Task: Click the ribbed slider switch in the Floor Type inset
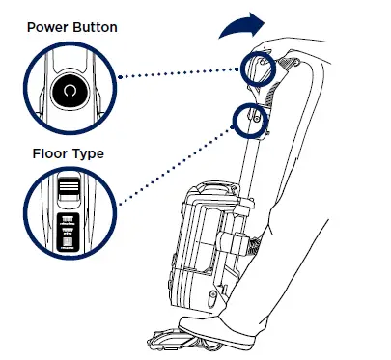[67, 189]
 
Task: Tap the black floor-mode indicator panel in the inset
[68, 232]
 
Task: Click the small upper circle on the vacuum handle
[260, 67]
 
